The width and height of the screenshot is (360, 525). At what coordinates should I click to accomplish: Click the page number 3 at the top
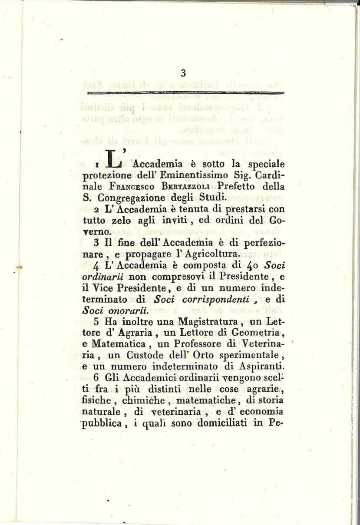pyautogui.click(x=183, y=74)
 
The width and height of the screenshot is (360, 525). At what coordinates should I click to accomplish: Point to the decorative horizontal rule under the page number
pyautogui.click(x=185, y=92)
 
